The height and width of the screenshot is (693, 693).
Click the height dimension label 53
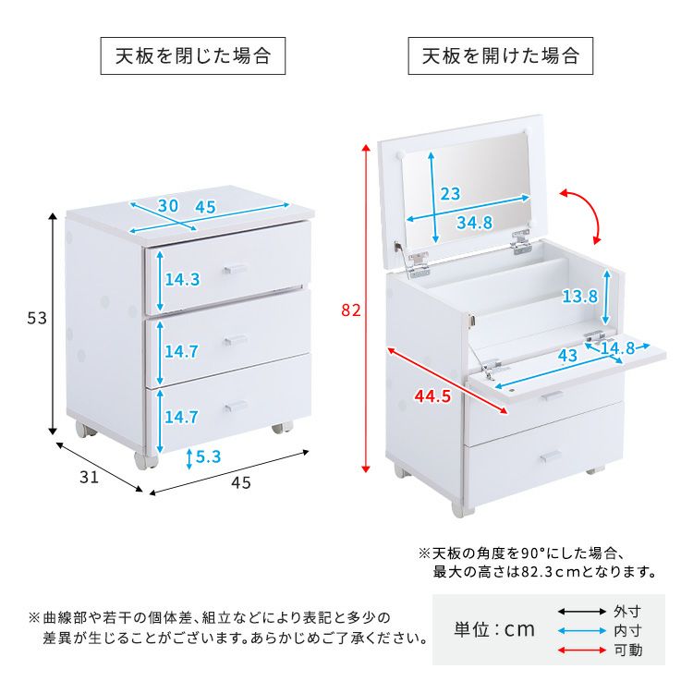(37, 318)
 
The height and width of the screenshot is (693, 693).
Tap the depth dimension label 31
(89, 477)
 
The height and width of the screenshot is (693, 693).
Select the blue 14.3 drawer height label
(182, 279)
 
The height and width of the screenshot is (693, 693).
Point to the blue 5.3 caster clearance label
(208, 456)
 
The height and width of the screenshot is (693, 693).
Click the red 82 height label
(351, 310)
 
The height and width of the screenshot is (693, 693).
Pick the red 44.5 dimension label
(432, 396)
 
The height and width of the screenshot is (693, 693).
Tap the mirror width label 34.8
(474, 223)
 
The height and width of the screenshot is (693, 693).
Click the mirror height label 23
(450, 194)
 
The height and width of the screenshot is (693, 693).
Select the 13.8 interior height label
(579, 297)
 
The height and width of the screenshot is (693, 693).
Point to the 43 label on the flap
(567, 355)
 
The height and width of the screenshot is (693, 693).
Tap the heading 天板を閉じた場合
(193, 56)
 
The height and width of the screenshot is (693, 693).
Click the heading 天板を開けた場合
(500, 56)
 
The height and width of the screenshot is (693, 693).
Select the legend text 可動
(627, 650)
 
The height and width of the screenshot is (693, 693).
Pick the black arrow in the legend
(581, 612)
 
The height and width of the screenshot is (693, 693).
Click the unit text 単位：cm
(494, 629)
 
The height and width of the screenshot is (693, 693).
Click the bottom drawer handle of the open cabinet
(551, 456)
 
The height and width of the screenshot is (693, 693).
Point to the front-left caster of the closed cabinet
(145, 460)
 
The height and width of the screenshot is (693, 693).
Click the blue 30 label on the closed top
(168, 205)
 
